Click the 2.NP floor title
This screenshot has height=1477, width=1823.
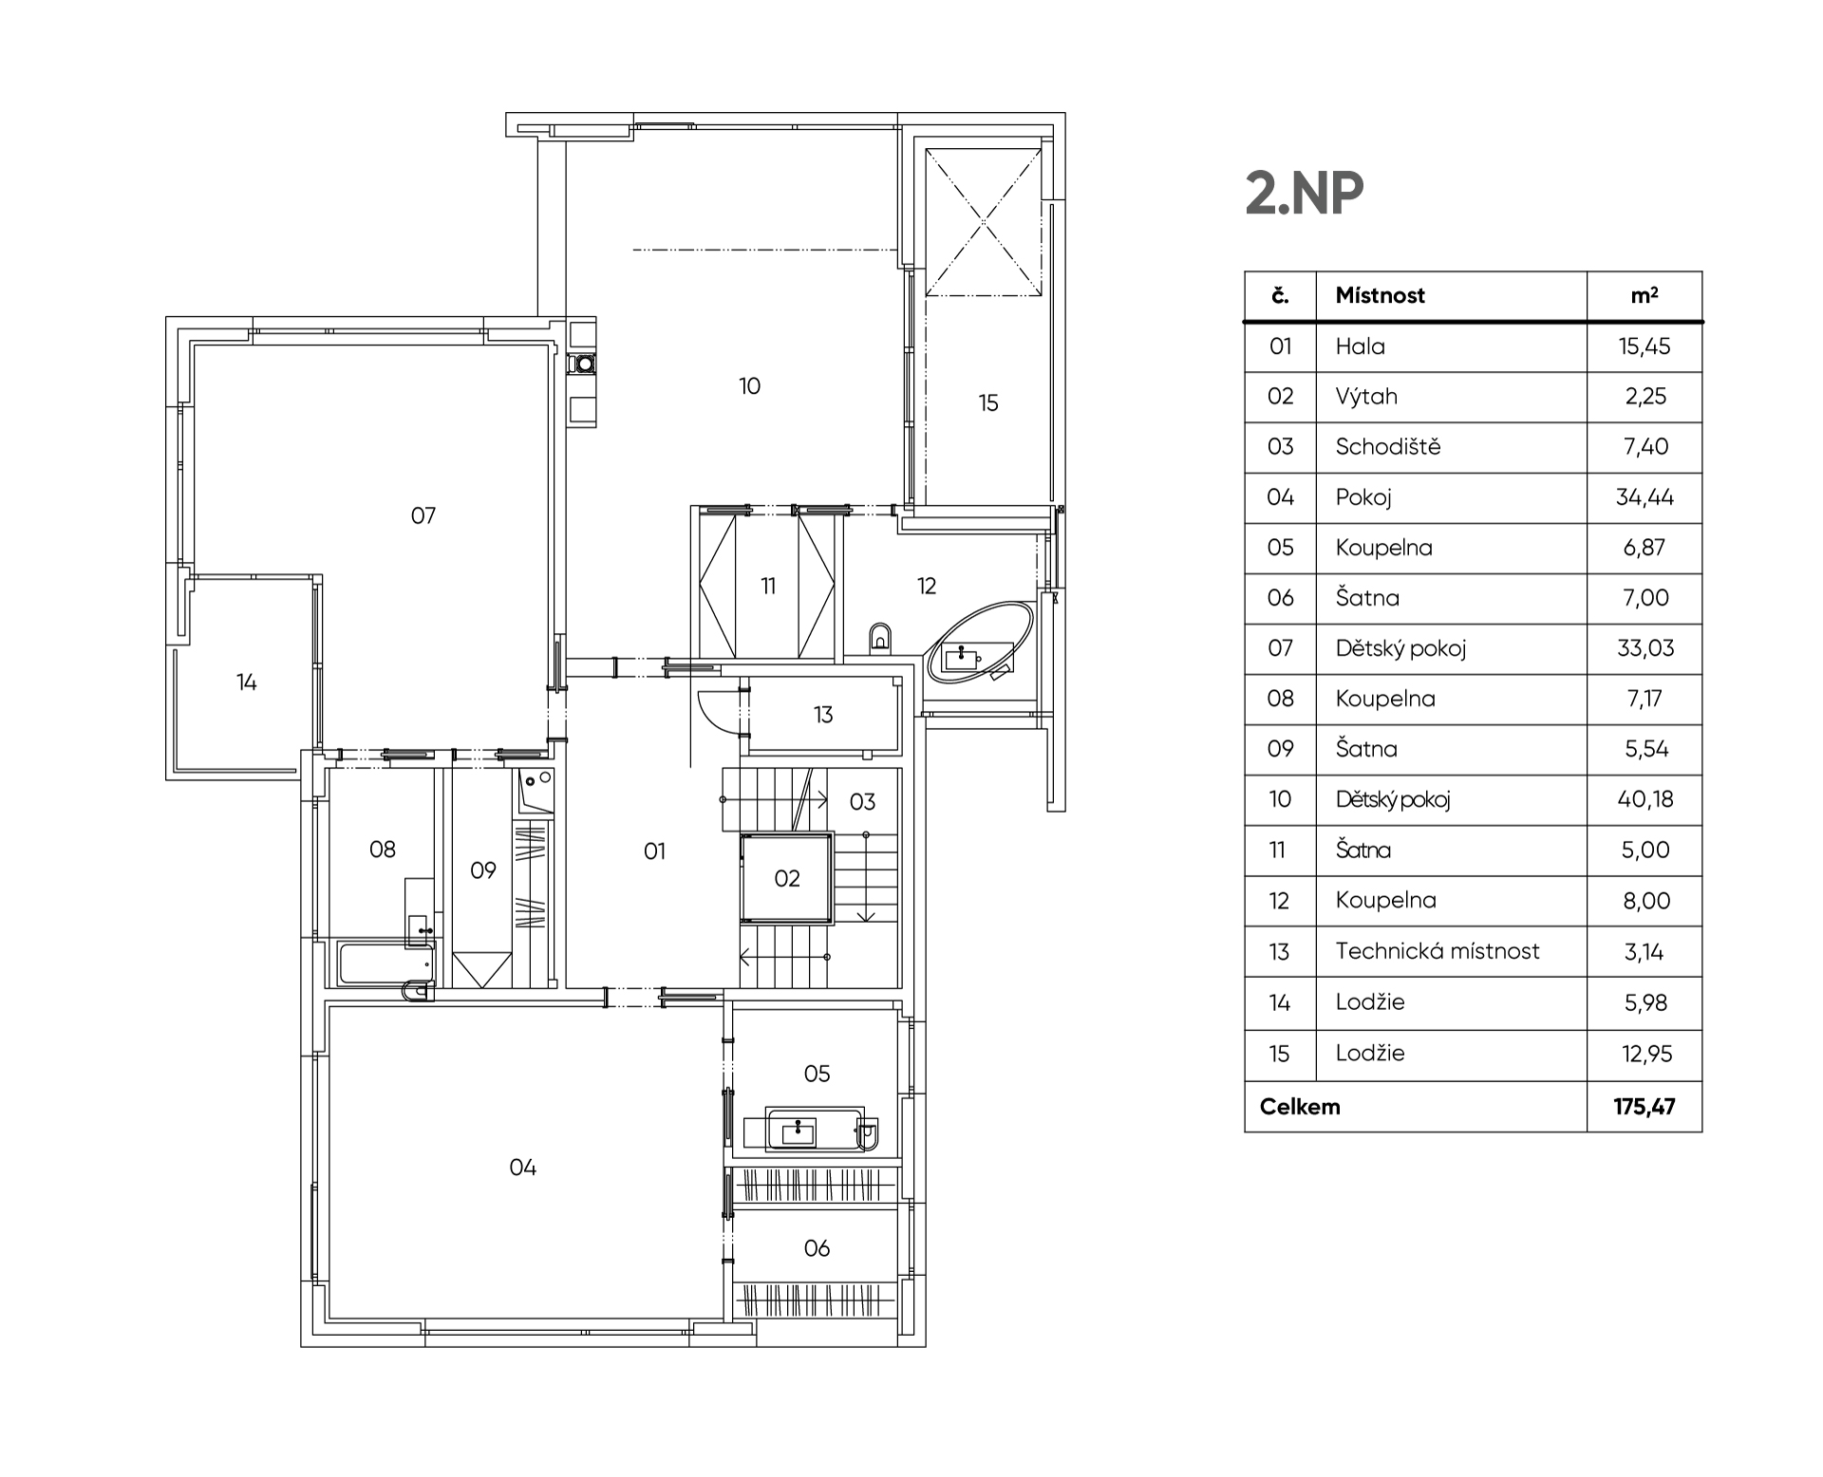(1304, 194)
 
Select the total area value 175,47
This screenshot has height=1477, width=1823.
(1644, 1107)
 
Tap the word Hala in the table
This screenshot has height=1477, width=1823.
(1360, 346)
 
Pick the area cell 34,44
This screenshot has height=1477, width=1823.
(1644, 497)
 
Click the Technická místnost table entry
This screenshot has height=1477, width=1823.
(1438, 951)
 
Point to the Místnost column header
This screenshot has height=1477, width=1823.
(1380, 295)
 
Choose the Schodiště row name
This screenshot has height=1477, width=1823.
(1387, 446)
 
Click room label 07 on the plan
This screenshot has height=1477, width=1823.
(423, 515)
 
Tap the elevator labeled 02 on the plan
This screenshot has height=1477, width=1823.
(787, 878)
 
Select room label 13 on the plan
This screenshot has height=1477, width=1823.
(823, 714)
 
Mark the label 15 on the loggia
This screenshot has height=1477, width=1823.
(988, 403)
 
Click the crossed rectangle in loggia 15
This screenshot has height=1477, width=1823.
(984, 222)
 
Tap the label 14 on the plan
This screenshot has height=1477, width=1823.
(247, 682)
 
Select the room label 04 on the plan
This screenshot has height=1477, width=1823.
(523, 1168)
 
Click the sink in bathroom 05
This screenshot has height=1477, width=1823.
(799, 1131)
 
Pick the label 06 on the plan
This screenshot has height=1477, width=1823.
(817, 1248)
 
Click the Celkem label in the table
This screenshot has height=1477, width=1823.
(1300, 1107)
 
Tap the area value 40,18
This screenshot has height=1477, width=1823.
(1644, 799)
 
